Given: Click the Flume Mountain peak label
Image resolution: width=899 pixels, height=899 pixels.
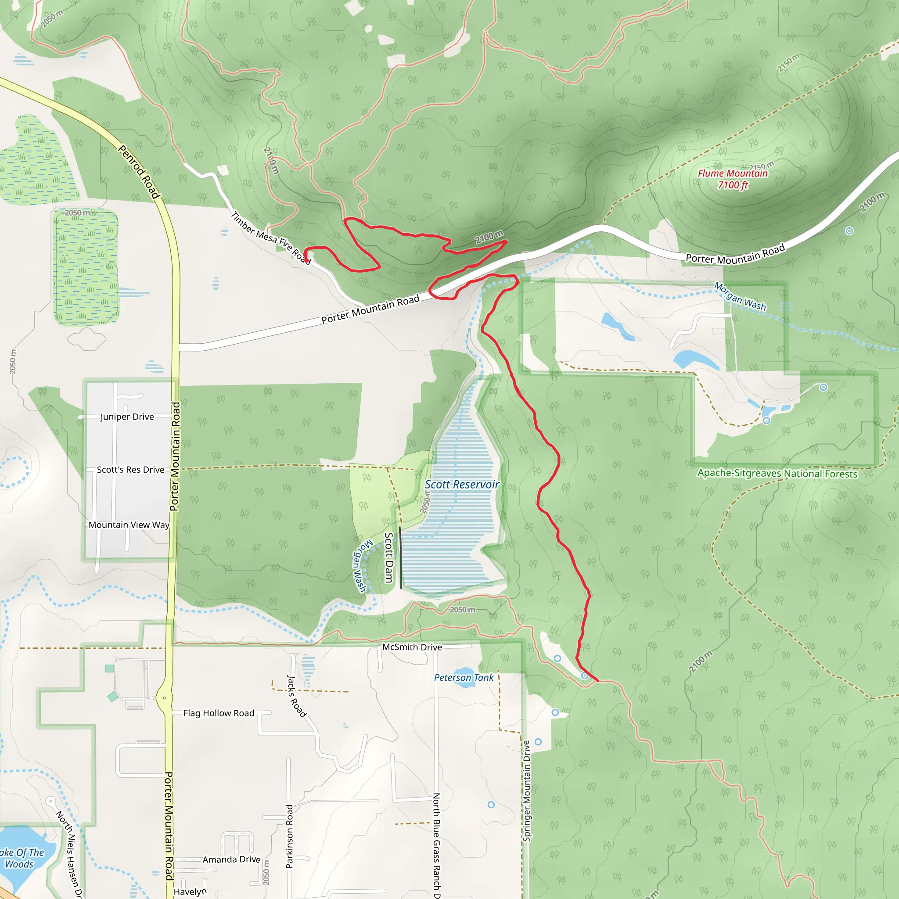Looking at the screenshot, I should coord(733,179).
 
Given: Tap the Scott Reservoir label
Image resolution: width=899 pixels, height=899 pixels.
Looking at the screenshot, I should coord(462,485).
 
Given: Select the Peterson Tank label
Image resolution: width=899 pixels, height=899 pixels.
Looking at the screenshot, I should coord(464,677).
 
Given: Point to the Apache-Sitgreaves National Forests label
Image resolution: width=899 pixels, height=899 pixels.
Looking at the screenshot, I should coord(777,473).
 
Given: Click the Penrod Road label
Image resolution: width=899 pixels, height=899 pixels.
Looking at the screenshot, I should coord(139,172).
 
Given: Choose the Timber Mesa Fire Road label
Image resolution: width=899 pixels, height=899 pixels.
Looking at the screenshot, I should coord(271,238).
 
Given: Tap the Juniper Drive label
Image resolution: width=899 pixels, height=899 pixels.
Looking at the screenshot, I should coord(127,417).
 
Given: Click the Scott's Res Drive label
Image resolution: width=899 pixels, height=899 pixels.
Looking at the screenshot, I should coord(130,470).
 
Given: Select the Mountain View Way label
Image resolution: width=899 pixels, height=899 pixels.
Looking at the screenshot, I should coord(129,525).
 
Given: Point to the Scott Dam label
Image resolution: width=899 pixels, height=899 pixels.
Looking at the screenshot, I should coord(389,557).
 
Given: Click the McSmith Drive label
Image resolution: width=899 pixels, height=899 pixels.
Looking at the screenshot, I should coord(412,647).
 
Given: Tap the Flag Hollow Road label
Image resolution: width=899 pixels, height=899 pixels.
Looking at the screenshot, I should coord(219,713).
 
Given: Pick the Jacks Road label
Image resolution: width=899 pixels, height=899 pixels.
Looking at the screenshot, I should coord(296,696).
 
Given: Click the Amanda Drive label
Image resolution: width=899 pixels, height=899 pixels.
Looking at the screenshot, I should coord(231,859).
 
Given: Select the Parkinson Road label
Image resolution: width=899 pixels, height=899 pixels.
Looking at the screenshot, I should coord(289,836).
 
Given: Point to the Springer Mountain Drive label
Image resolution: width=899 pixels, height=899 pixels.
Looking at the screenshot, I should coord(526,791).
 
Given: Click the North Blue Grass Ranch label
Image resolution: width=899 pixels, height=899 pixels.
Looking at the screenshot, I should coord(436,845).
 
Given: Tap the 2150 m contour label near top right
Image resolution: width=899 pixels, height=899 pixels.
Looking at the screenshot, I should coord(788,62).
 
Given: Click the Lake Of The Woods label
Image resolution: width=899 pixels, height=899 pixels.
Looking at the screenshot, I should coord(21,858).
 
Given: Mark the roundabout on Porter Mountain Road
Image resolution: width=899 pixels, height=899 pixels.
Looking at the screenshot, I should coord(164,698).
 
